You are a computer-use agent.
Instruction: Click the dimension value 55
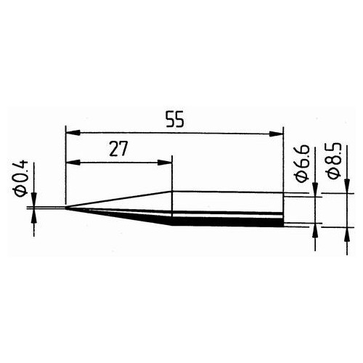(x=174, y=121)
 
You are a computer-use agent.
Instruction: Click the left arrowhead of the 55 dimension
(x=70, y=133)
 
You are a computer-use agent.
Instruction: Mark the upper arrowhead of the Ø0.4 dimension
(x=34, y=203)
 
